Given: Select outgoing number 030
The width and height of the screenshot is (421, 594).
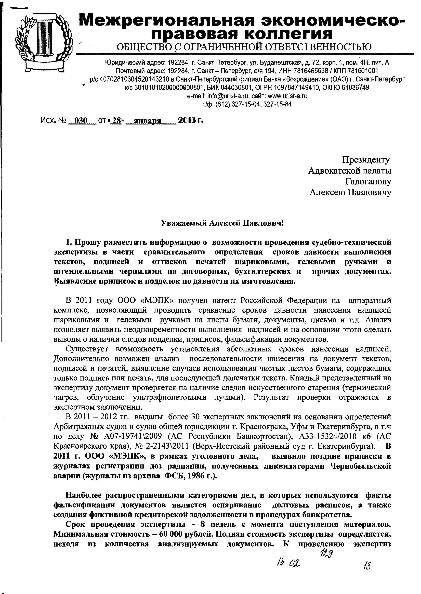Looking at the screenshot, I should click(81, 121).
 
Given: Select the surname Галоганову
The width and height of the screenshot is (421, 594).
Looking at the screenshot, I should click(368, 182).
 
